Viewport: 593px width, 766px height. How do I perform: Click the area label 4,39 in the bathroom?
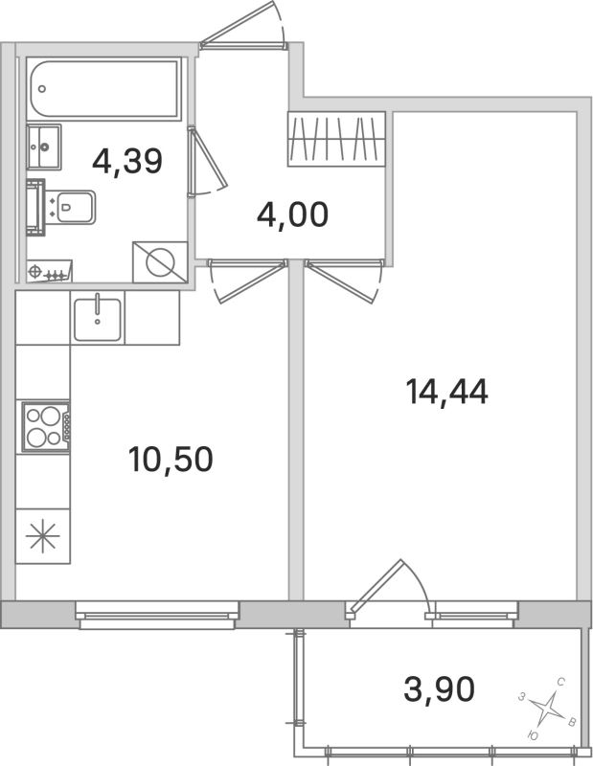(x=127, y=160)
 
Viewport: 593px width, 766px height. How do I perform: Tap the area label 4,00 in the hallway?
(x=292, y=214)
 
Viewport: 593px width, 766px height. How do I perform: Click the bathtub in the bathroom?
(x=103, y=90)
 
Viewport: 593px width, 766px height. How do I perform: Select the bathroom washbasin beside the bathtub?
(x=43, y=146)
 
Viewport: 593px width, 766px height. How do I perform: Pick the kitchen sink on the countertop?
(x=98, y=319)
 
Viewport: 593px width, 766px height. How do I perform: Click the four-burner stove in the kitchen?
(x=44, y=427)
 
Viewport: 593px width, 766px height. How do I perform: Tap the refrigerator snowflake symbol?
(x=43, y=536)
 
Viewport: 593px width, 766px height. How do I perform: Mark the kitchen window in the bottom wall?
(x=157, y=613)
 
